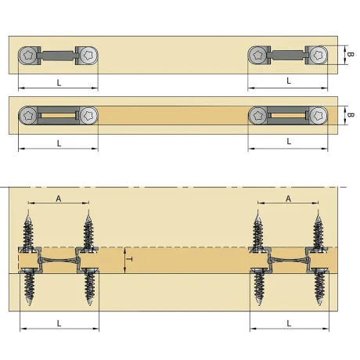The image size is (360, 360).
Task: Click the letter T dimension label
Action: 130,259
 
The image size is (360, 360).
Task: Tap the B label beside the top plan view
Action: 351,54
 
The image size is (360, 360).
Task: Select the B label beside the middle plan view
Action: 351,115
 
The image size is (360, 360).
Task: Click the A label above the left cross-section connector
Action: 59,199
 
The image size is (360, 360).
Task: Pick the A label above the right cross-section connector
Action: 288,199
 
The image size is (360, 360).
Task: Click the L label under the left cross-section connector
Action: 59,323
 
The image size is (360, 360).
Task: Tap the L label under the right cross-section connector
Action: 289,323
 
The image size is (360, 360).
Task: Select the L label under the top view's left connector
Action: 59,83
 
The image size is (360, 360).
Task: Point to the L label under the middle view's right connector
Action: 289,142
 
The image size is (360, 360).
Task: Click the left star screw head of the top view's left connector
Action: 27,56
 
